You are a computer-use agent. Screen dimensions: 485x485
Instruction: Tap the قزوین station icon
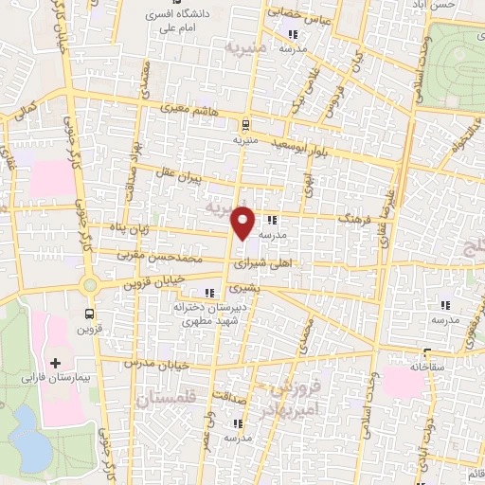(x=89, y=313)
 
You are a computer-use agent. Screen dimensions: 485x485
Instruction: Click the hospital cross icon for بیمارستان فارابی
(x=55, y=363)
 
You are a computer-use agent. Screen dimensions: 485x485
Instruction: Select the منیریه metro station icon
(x=245, y=123)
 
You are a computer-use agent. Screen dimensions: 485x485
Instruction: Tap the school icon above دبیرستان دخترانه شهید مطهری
(x=208, y=294)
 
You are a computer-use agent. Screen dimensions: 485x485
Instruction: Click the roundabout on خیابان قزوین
(x=90, y=283)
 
